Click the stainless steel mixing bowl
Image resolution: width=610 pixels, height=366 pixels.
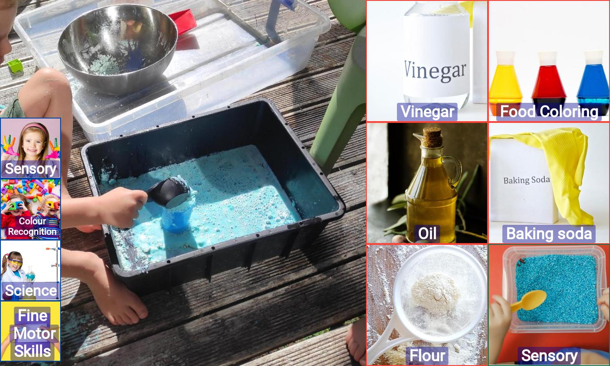(x=118, y=49)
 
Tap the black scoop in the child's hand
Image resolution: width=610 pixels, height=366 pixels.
(x=169, y=193)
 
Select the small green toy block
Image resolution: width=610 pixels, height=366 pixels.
(x=15, y=66)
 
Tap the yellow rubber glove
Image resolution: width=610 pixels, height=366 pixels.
(x=561, y=169)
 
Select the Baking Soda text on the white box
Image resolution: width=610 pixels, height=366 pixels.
(x=526, y=180)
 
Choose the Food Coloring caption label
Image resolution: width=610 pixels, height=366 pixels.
(x=549, y=112)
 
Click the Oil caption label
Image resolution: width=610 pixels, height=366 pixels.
(x=427, y=234)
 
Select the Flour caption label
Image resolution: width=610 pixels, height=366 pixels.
(x=427, y=356)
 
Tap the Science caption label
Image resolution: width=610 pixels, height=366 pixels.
(x=31, y=291)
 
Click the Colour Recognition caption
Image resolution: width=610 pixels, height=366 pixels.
(x=32, y=226)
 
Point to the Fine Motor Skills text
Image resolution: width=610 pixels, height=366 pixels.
(x=33, y=334)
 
